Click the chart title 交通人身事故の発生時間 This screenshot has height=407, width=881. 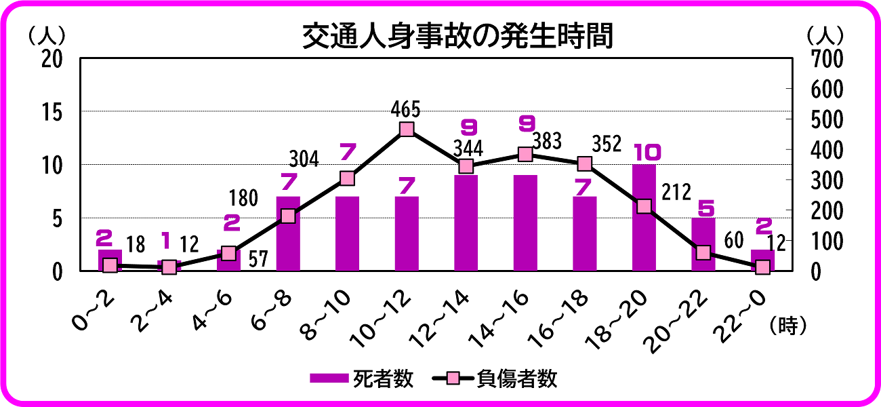(457, 37)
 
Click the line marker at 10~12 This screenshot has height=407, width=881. (407, 130)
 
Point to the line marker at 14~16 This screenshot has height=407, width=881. (525, 155)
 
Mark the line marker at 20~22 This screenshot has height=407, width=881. (703, 253)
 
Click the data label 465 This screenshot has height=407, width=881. (406, 109)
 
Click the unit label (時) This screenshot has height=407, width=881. (787, 326)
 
